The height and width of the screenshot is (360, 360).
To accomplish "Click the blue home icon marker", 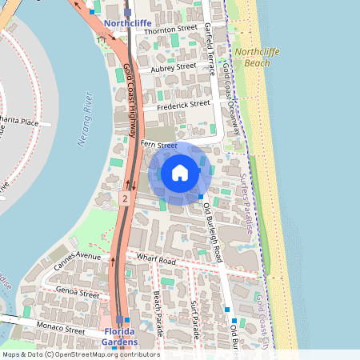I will (x=179, y=173).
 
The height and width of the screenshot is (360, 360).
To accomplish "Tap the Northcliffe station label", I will (x=127, y=24).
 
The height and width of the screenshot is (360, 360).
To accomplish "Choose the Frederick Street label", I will (x=183, y=105).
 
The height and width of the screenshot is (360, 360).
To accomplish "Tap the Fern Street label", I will (x=158, y=145).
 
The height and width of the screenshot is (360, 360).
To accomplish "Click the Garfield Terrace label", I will (x=209, y=49).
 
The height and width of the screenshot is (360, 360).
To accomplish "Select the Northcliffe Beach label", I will (x=252, y=56).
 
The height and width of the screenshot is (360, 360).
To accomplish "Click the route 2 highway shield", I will (x=124, y=196).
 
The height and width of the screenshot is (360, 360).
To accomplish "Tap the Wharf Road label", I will (x=156, y=260).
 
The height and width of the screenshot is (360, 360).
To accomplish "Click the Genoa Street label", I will (x=78, y=294).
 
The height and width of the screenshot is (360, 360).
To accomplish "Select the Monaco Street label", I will (x=61, y=329).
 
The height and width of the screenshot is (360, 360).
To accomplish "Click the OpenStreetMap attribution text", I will (x=81, y=354).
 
